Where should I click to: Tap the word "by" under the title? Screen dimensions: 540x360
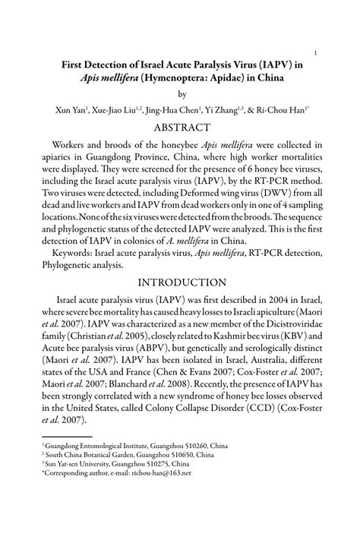point(181,95)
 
